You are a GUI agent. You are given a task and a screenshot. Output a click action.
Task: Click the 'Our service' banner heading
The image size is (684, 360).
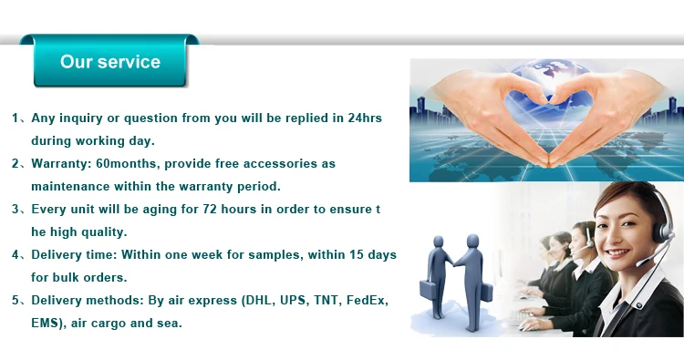click(110, 62)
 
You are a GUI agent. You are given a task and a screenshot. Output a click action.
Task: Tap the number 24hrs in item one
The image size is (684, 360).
click(365, 118)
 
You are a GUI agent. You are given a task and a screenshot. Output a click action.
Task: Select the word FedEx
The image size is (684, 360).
click(368, 300)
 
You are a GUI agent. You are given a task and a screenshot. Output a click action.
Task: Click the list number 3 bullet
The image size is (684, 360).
click(16, 210)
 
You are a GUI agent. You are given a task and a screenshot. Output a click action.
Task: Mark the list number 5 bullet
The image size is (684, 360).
click(16, 300)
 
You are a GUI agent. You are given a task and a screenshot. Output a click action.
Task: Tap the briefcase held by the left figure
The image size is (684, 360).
click(428, 290)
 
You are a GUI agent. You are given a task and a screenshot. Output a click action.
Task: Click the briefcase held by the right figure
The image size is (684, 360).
click(486, 292)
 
